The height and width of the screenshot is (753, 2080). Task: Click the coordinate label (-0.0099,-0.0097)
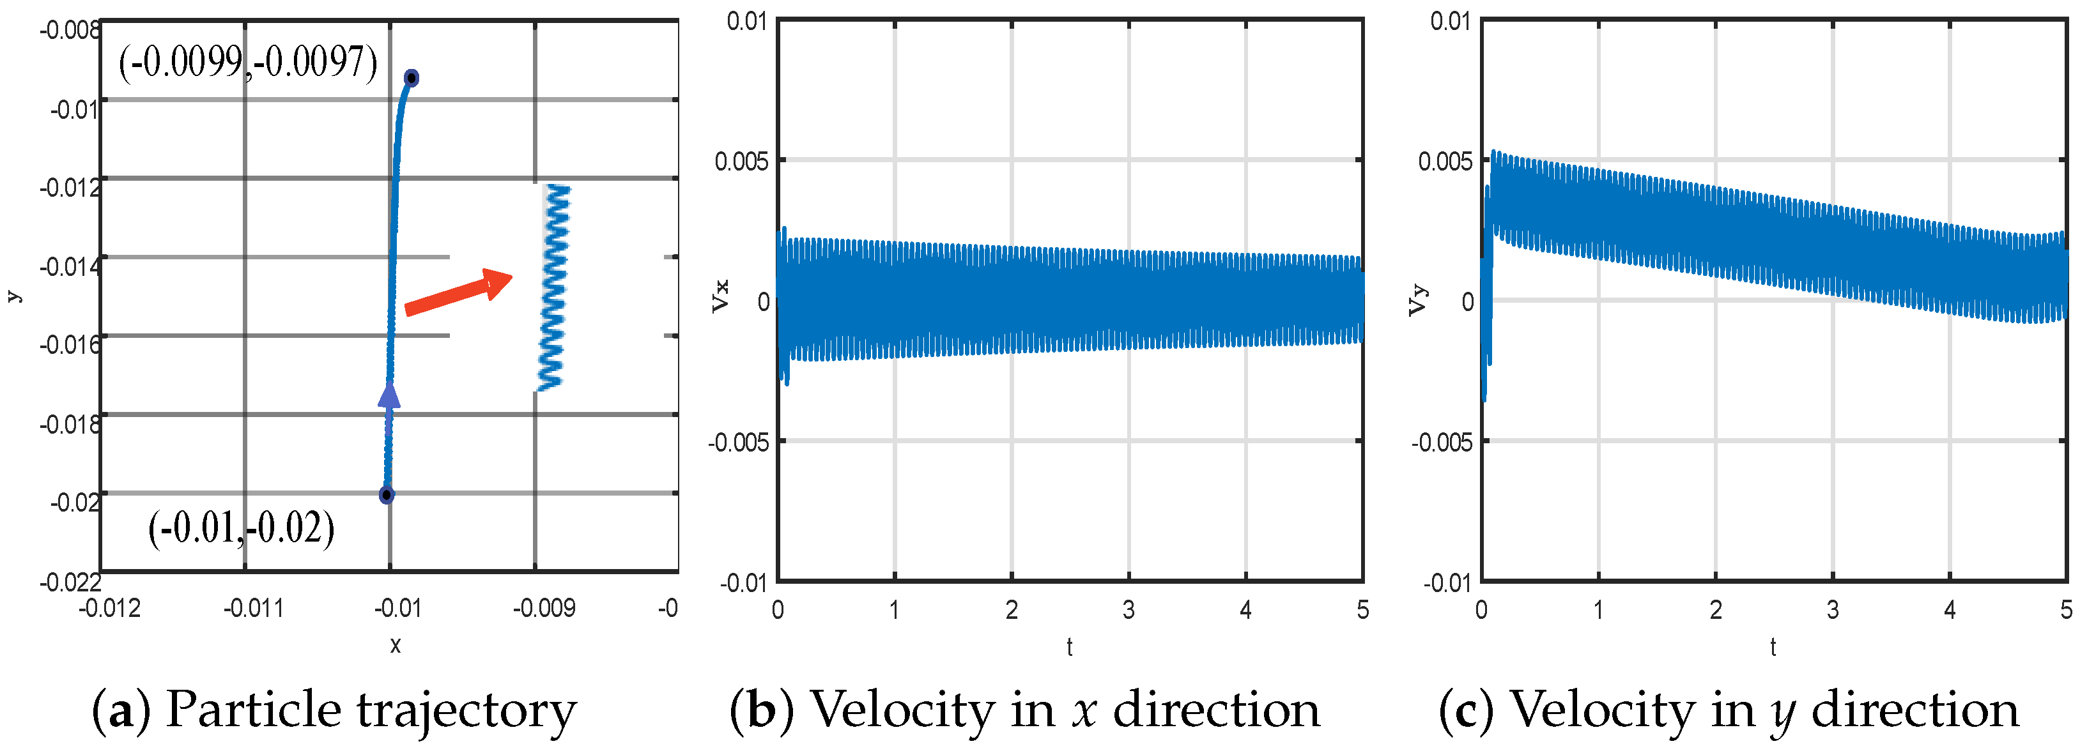coord(248,61)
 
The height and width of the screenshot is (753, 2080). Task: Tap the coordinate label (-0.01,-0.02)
coord(241,529)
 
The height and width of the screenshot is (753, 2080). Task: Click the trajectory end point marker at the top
coord(412,79)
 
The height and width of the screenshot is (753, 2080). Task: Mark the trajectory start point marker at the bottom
coord(387,495)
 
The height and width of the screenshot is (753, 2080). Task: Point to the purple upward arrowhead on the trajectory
coord(389,395)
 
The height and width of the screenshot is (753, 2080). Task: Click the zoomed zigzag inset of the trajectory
coord(554,287)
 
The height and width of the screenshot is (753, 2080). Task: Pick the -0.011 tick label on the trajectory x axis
coord(253,608)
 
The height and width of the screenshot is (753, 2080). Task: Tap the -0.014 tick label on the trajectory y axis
coord(71,266)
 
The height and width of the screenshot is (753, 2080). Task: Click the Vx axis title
coord(720,296)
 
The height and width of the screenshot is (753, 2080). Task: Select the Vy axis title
coord(1418,300)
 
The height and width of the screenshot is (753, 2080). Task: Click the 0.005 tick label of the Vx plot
coord(741,162)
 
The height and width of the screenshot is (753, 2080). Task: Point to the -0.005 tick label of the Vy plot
coord(1442,442)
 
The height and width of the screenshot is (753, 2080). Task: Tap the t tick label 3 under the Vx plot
coord(1128,610)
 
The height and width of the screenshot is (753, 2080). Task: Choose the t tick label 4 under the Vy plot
coord(1949,610)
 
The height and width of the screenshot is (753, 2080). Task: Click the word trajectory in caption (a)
coord(466,711)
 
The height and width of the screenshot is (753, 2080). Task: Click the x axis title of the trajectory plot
coord(395,645)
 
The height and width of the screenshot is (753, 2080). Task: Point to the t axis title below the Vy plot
coord(1773,646)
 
